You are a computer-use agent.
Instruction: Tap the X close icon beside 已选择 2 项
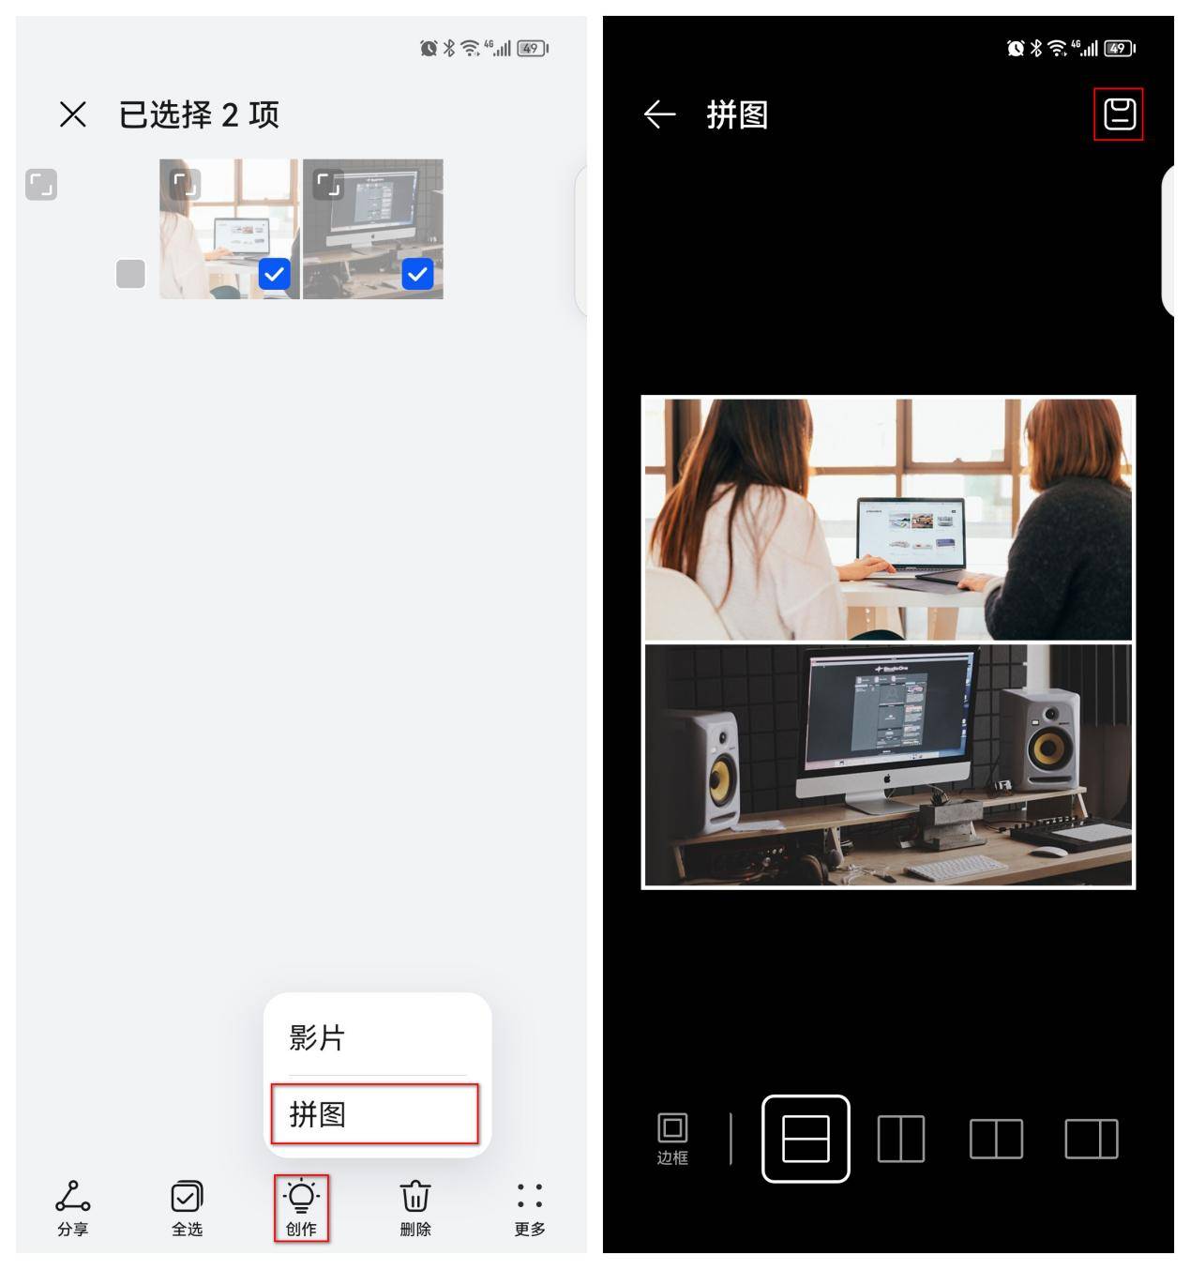(x=72, y=114)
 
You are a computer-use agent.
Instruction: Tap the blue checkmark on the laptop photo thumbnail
(x=275, y=274)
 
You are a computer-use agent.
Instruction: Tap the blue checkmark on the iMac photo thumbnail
(x=417, y=274)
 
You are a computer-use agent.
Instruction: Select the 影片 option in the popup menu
(x=317, y=1037)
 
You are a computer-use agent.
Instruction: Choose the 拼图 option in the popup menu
(x=374, y=1114)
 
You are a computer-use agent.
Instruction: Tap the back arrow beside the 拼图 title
(x=660, y=114)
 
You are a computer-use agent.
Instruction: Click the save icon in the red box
(x=1119, y=114)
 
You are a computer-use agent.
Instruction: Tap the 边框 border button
(x=672, y=1138)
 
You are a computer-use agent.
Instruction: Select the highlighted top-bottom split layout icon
(x=806, y=1139)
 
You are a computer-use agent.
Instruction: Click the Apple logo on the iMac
(x=886, y=779)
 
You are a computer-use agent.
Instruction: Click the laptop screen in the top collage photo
(x=911, y=532)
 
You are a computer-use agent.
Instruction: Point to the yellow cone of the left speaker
(x=719, y=780)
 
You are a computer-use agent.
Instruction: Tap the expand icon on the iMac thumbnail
(x=327, y=184)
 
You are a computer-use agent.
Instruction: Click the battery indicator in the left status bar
(x=531, y=49)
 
